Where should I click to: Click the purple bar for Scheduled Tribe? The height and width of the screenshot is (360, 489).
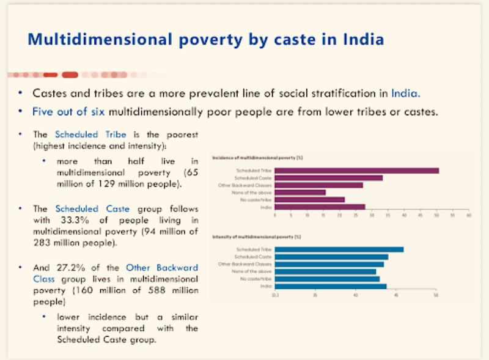click(x=357, y=171)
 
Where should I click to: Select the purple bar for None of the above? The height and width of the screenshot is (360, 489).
click(x=300, y=193)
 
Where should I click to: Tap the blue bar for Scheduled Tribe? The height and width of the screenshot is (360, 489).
click(x=339, y=249)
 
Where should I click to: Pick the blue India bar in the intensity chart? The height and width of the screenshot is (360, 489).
click(x=331, y=286)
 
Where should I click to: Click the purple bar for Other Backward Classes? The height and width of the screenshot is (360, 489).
click(x=318, y=185)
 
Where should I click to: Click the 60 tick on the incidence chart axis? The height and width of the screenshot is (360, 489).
click(x=468, y=216)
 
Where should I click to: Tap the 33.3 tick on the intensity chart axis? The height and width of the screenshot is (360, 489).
click(x=275, y=295)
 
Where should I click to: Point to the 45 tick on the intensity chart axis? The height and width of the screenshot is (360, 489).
click(x=395, y=295)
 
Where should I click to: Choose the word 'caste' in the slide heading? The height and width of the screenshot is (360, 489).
click(x=281, y=40)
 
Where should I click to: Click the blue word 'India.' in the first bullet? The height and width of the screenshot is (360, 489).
click(x=406, y=94)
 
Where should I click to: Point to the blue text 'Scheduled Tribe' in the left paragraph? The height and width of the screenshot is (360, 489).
click(x=81, y=134)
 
